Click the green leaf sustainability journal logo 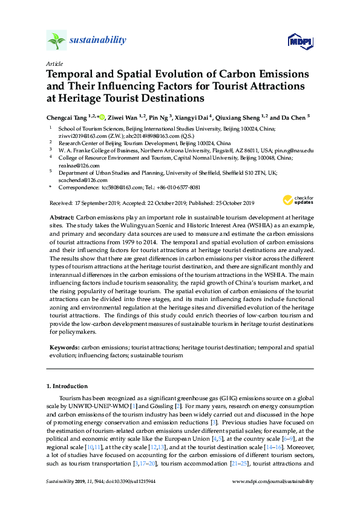(x=56, y=41)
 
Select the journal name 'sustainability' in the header (x=98, y=41)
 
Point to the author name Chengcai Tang (x=66, y=117)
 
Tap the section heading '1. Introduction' (x=67, y=386)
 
